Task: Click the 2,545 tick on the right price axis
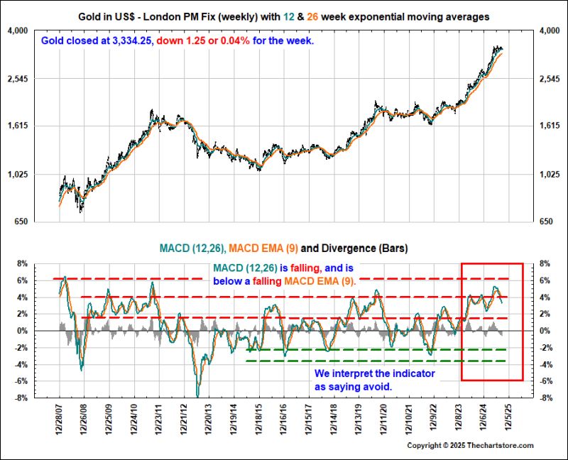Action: point(550,79)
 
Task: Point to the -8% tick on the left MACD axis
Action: point(18,398)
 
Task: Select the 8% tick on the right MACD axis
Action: point(546,263)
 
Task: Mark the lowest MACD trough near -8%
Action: point(198,396)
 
